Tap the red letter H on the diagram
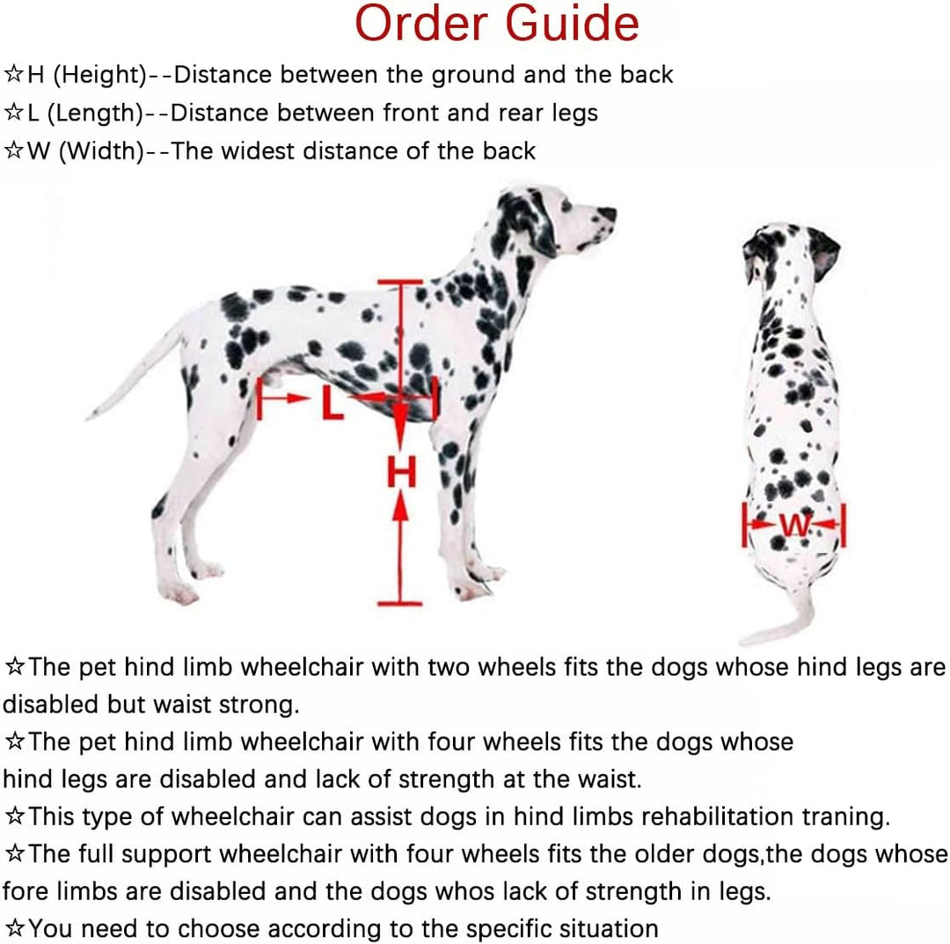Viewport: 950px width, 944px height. pyautogui.click(x=401, y=474)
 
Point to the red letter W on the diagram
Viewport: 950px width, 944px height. pyautogui.click(x=795, y=525)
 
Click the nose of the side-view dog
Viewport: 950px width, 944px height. pyautogui.click(x=608, y=213)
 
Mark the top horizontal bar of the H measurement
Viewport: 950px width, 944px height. pyautogui.click(x=400, y=282)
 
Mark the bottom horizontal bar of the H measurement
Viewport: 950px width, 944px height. pyautogui.click(x=400, y=604)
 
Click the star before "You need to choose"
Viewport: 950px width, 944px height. pyautogui.click(x=15, y=929)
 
